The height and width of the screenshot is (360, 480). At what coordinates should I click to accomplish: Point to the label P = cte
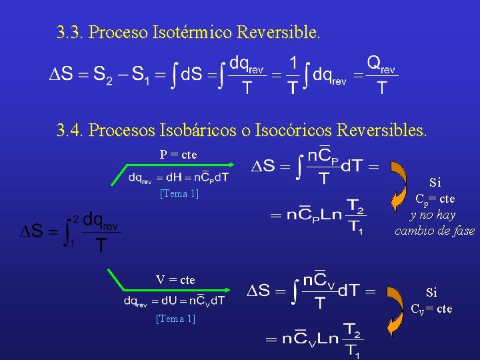click(178, 154)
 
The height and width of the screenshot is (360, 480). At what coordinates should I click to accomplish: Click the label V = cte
click(175, 280)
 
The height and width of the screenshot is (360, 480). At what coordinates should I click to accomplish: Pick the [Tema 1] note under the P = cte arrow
click(179, 194)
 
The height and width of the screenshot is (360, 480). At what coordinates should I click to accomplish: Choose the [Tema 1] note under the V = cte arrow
click(175, 319)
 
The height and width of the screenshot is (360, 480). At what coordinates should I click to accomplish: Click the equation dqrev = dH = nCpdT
click(179, 177)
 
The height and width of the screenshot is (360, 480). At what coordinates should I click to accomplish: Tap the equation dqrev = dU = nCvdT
click(174, 301)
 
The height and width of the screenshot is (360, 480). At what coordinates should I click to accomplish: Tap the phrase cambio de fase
click(435, 231)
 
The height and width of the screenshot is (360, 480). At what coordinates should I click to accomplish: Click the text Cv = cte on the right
click(431, 309)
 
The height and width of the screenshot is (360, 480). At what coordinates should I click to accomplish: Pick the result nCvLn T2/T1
click(314, 339)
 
